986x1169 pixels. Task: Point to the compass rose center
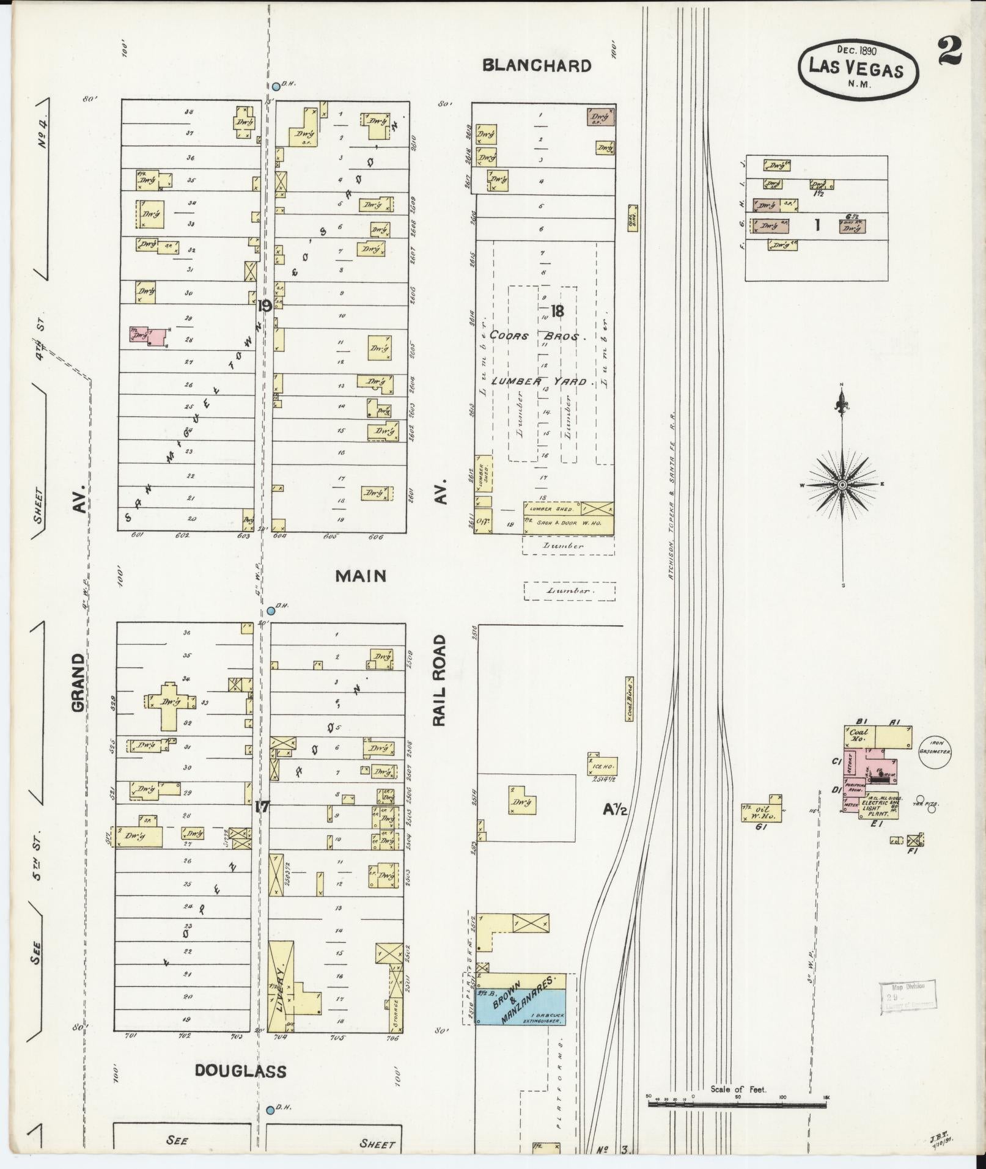click(x=842, y=485)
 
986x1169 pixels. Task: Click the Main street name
click(x=361, y=576)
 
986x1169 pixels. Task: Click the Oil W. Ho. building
click(x=762, y=810)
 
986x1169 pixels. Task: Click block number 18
click(x=556, y=310)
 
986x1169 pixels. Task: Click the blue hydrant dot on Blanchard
click(x=276, y=87)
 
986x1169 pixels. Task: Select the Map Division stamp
click(x=902, y=998)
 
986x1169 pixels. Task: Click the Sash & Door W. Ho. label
click(x=548, y=522)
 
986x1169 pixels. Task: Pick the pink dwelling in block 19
click(x=150, y=336)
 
